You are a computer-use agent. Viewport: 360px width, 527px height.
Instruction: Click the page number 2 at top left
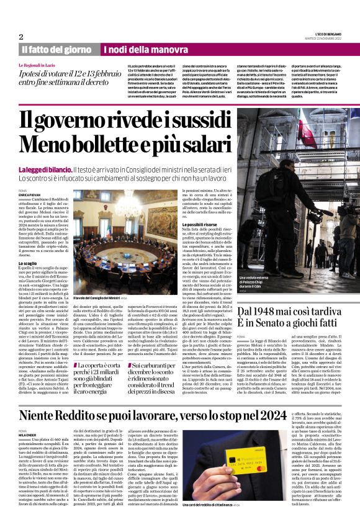click(20, 37)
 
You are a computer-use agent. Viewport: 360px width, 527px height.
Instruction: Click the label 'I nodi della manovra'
click(136, 49)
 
